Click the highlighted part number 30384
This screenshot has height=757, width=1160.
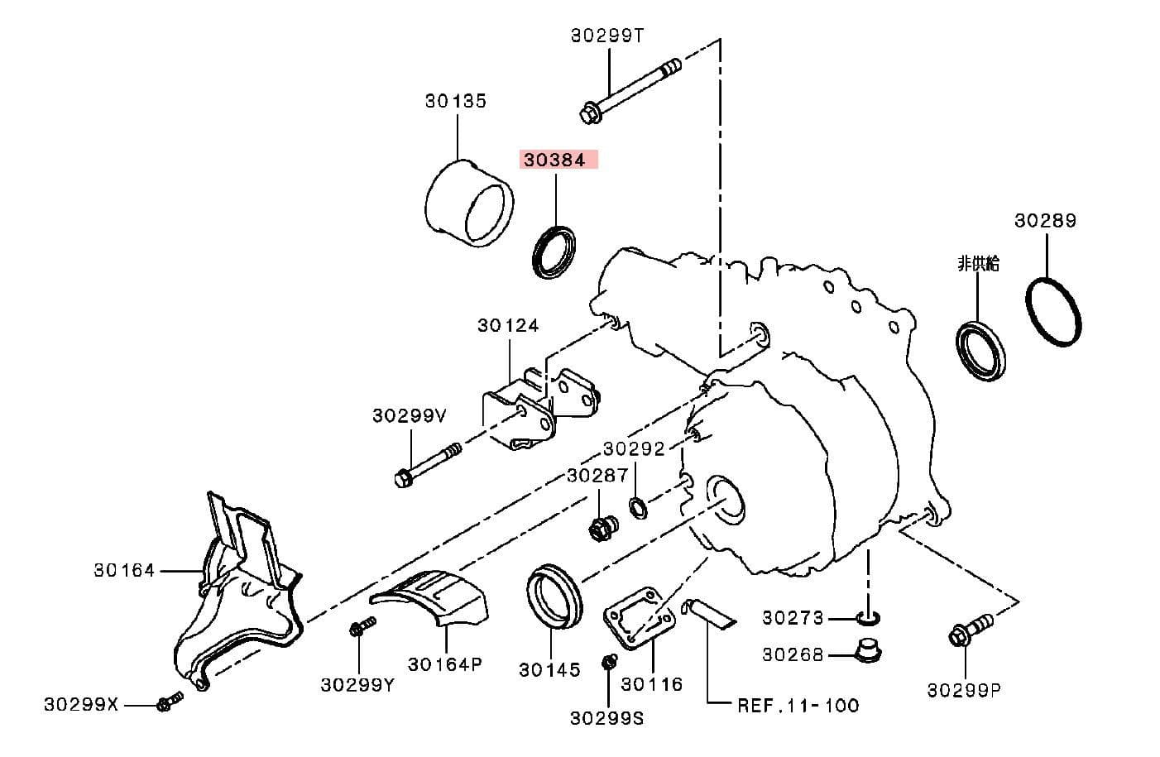pos(554,160)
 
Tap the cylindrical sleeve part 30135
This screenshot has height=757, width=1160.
pos(468,204)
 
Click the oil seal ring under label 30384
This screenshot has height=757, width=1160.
pos(554,251)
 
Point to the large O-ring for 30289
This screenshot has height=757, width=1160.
pos(1054,313)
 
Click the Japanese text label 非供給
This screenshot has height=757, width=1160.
pos(978,263)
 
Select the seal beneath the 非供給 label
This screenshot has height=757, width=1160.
pos(982,352)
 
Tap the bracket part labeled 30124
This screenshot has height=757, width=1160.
pos(538,407)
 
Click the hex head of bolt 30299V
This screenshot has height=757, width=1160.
pos(403,478)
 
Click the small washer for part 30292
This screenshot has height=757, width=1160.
pos(638,506)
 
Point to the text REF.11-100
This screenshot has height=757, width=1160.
pos(798,706)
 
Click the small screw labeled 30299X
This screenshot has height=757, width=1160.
pos(165,704)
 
